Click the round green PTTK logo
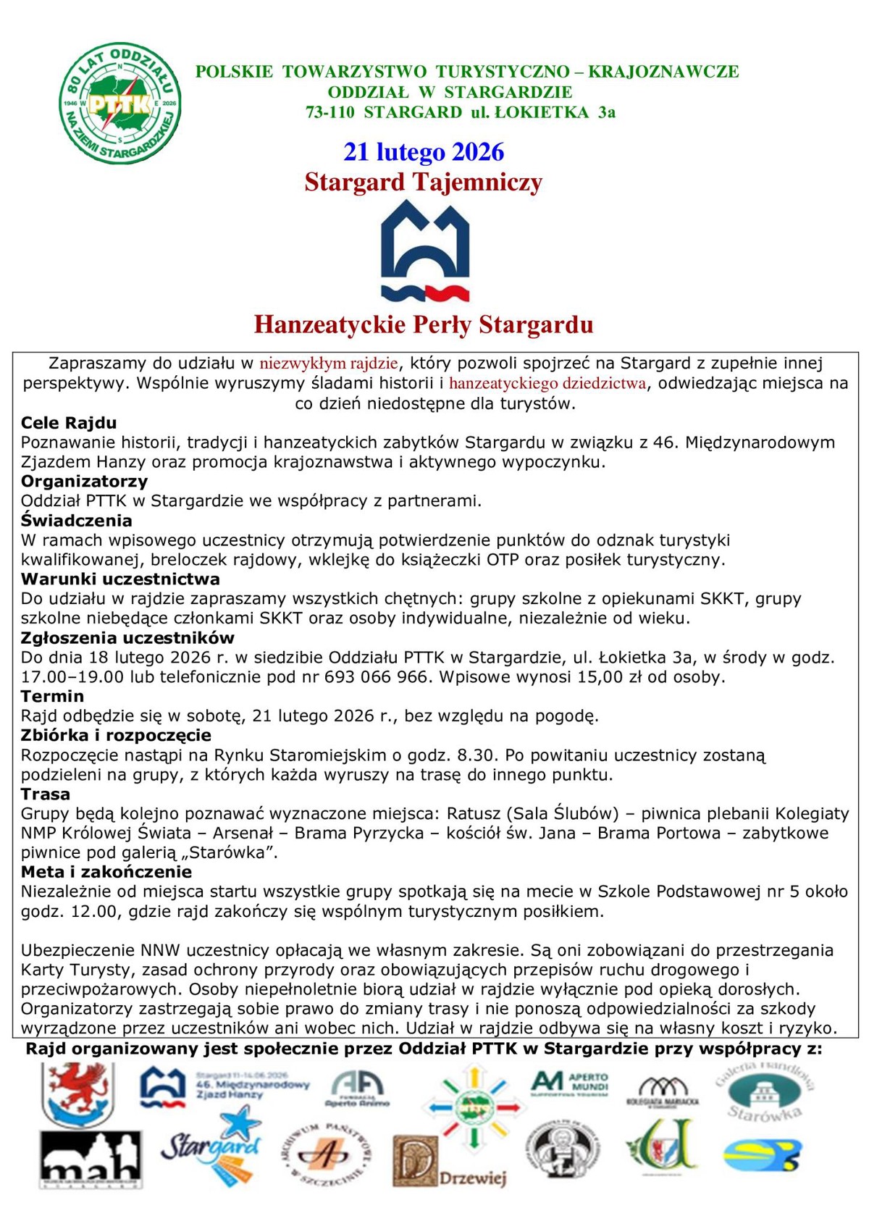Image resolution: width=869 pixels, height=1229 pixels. [119, 103]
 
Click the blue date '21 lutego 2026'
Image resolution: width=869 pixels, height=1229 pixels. [424, 152]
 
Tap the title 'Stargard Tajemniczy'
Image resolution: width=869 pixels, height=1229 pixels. [424, 182]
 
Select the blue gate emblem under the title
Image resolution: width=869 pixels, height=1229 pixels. [425, 251]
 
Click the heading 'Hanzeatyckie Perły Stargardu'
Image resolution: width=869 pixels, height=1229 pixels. [424, 324]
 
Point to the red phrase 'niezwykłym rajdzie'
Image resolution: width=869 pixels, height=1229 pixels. [329, 364]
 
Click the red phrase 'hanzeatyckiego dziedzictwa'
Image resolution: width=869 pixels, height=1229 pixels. [547, 383]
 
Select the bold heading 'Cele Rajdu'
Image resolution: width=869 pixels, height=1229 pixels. [69, 423]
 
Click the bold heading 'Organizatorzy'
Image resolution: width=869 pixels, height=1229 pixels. [84, 482]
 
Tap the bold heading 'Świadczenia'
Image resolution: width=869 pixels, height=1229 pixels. [77, 521]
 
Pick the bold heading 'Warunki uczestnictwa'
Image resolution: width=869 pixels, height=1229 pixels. [120, 579]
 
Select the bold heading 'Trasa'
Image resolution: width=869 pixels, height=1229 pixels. [46, 794]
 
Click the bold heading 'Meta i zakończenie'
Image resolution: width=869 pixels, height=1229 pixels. [106, 872]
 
